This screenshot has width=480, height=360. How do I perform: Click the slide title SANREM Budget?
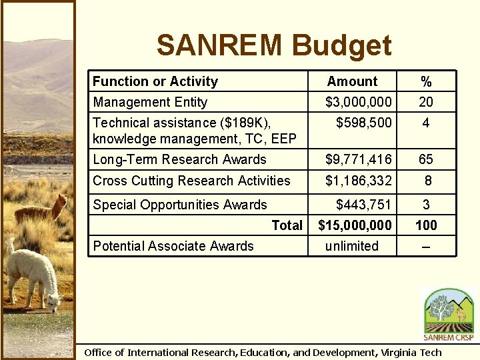(274, 46)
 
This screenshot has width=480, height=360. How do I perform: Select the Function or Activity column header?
(155, 81)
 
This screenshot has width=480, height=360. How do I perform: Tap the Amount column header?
(352, 81)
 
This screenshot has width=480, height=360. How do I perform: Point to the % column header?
(426, 81)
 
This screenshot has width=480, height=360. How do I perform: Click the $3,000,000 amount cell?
(358, 102)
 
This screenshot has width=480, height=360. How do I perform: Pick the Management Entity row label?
(150, 102)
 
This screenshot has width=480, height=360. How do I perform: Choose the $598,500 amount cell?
(363, 123)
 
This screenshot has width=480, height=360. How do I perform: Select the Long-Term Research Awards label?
(179, 159)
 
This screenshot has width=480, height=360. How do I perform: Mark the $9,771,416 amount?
(358, 159)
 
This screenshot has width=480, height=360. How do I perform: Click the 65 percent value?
(426, 159)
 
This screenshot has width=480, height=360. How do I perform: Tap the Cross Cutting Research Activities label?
(191, 181)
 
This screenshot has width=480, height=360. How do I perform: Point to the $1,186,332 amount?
(358, 181)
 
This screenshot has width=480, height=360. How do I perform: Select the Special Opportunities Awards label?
(180, 205)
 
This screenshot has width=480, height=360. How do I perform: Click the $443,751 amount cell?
(363, 205)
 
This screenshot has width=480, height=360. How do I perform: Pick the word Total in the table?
(287, 225)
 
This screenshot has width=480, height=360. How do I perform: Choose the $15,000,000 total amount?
(355, 225)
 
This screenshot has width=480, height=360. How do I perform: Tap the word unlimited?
(351, 246)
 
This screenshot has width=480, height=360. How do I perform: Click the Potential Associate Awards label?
(173, 246)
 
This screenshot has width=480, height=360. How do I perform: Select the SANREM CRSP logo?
(449, 314)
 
